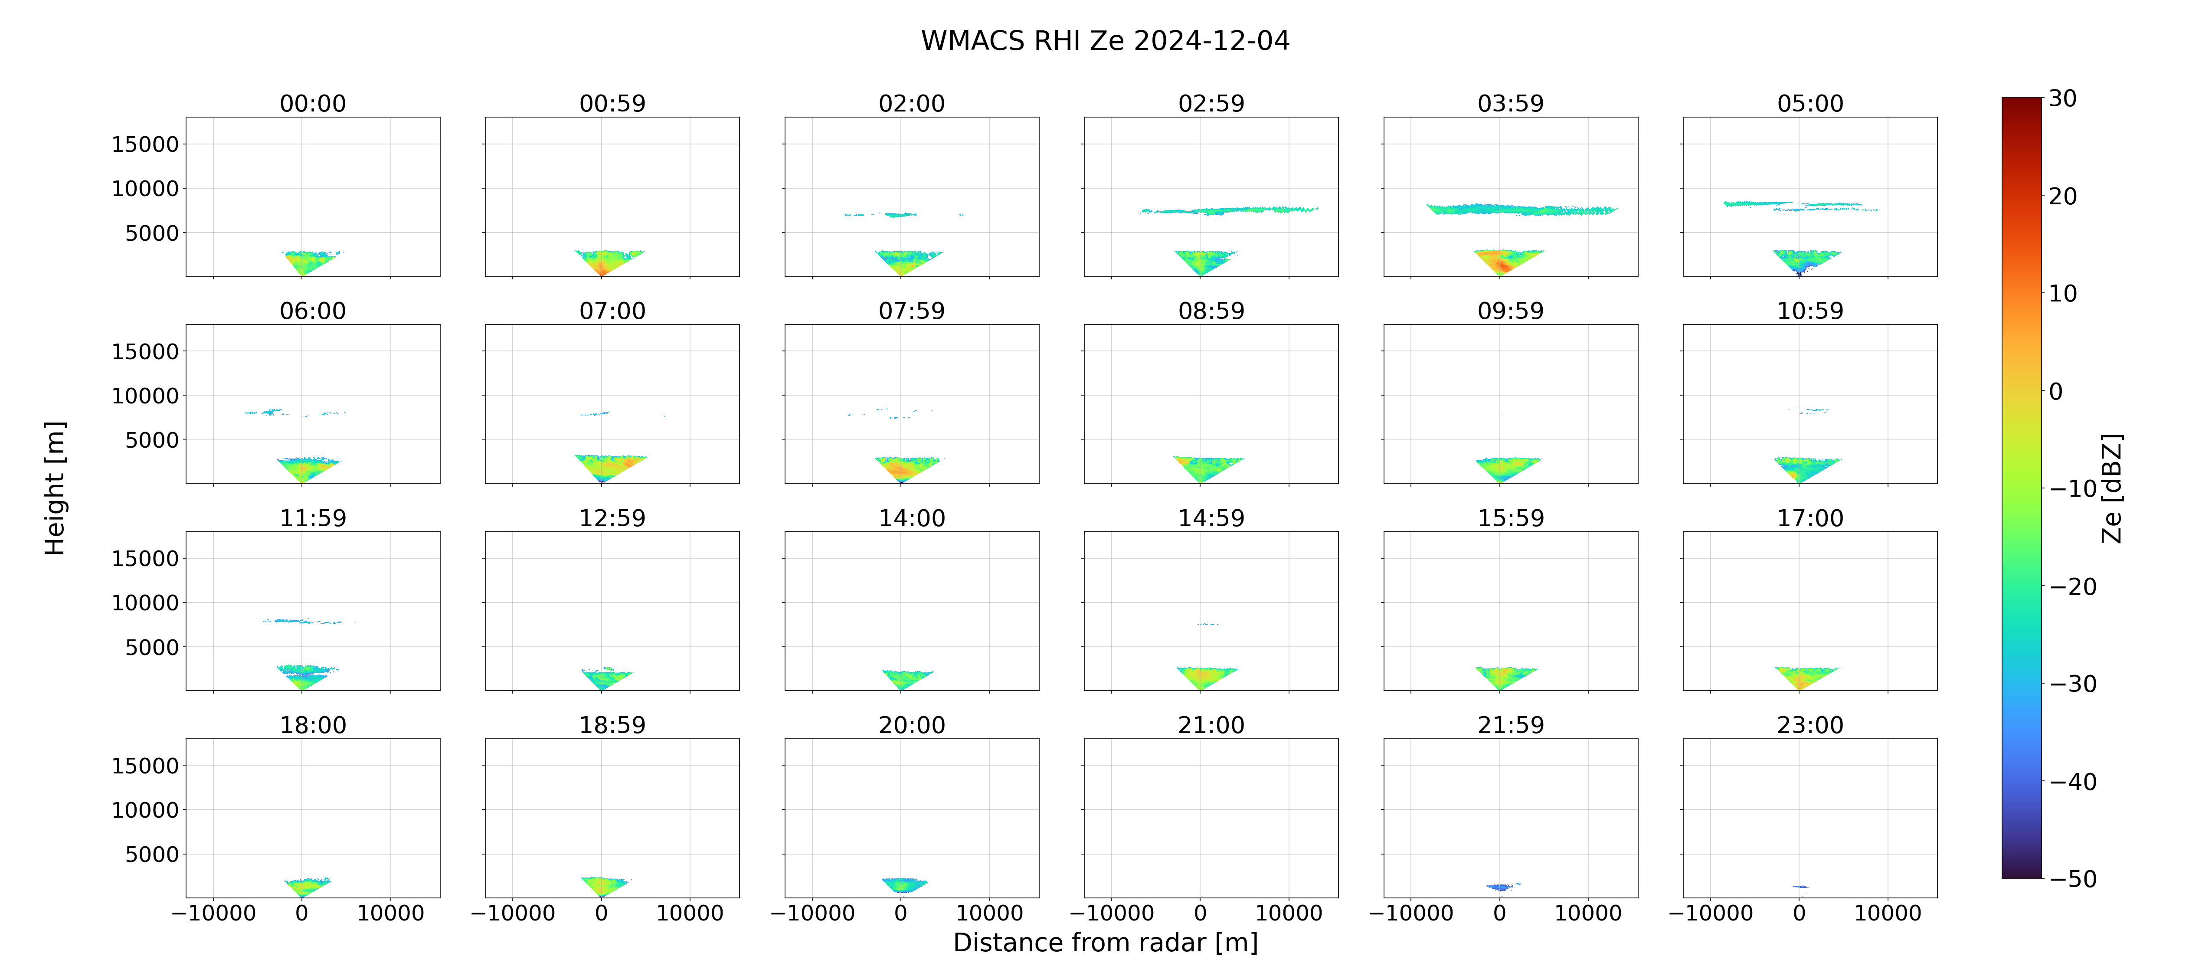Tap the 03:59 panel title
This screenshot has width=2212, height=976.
1510,104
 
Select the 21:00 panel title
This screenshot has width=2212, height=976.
1211,725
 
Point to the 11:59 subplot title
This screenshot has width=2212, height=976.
313,518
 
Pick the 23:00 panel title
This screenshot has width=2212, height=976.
1810,725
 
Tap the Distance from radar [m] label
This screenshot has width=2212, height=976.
1105,943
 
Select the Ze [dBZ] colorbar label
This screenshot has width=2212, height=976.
2111,488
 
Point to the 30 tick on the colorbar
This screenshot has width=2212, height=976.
2063,99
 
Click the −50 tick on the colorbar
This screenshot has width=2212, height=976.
2073,879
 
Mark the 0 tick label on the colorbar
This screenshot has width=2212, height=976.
2056,392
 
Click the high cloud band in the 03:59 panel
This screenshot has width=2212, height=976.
1522,209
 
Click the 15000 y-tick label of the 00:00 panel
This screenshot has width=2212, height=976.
145,144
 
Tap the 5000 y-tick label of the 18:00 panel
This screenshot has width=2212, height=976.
152,855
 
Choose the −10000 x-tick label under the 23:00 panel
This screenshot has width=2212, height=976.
1711,913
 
